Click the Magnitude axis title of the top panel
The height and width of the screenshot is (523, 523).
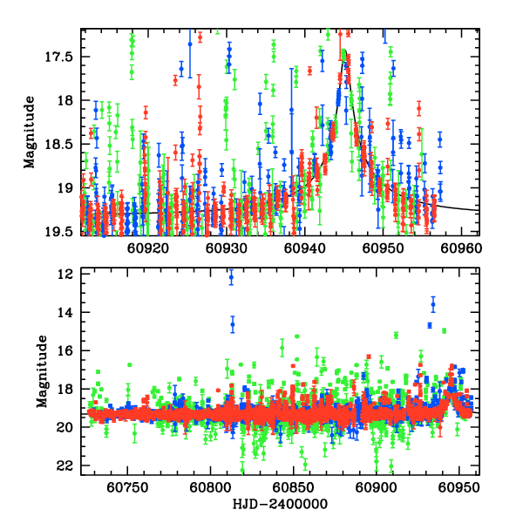pyautogui.click(x=29, y=132)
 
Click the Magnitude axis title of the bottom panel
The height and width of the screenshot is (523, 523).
pyautogui.click(x=40, y=373)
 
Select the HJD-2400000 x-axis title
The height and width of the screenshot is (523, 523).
pyautogui.click(x=280, y=505)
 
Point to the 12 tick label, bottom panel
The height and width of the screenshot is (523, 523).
pyautogui.click(x=65, y=275)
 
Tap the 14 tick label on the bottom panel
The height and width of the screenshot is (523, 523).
pyautogui.click(x=65, y=313)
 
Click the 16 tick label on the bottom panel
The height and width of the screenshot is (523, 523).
pyautogui.click(x=65, y=351)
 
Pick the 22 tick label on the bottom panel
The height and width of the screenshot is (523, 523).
pyautogui.click(x=65, y=466)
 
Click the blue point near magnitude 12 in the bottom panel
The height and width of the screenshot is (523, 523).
pyautogui.click(x=231, y=278)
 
